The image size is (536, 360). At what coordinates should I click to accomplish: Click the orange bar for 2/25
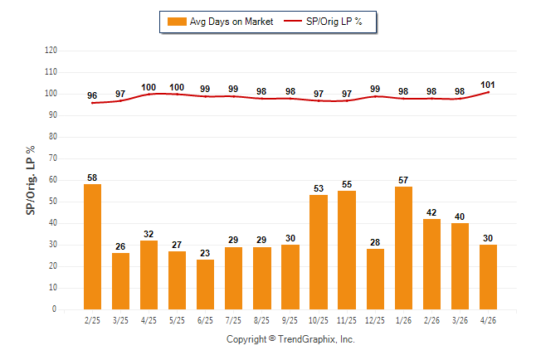click(92, 247)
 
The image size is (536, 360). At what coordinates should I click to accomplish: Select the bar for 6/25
click(205, 285)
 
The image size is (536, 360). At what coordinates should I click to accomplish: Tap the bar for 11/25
click(347, 250)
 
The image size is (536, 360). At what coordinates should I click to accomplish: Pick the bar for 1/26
click(403, 248)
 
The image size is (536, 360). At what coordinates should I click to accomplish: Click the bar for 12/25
click(375, 279)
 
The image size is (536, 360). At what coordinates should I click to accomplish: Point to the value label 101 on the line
click(487, 85)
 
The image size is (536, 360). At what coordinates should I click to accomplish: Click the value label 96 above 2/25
click(92, 95)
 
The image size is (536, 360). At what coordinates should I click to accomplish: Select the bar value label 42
click(431, 212)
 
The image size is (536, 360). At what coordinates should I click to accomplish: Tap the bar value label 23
click(205, 253)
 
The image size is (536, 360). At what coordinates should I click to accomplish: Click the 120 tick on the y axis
click(51, 51)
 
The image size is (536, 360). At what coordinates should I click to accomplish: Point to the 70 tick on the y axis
click(52, 158)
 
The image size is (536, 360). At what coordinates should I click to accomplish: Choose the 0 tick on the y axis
click(54, 309)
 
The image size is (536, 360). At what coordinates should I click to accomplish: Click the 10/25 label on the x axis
click(319, 320)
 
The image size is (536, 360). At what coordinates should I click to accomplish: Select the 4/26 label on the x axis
click(488, 320)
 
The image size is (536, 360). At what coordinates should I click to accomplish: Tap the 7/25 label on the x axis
click(233, 320)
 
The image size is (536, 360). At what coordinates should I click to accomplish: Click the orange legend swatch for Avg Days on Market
click(177, 22)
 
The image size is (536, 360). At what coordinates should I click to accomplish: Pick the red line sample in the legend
click(293, 22)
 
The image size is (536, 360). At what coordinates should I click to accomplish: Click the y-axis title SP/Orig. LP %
click(31, 180)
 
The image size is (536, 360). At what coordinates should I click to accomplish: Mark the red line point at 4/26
click(488, 92)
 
